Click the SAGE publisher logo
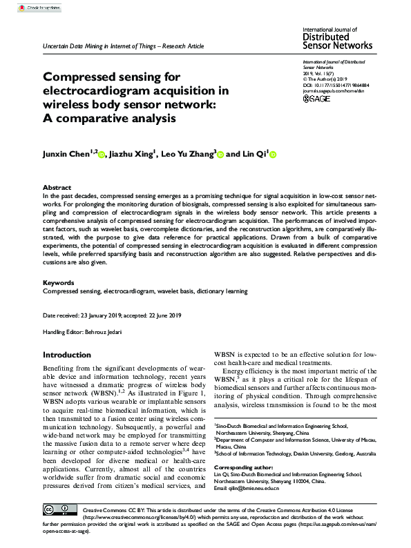point(318,99)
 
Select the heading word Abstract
point(57,188)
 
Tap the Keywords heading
point(59,283)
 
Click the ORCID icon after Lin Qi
point(272,155)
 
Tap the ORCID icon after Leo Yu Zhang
point(220,155)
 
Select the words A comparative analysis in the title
point(109,118)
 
